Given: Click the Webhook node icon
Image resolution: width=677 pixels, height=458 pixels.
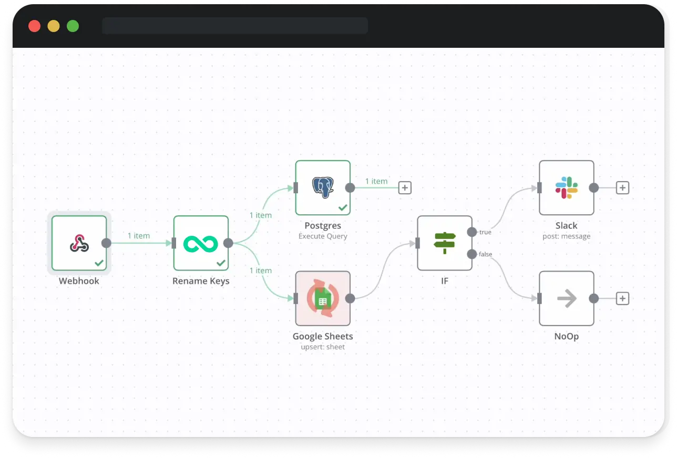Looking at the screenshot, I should click(x=79, y=243).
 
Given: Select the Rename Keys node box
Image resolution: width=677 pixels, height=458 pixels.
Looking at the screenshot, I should click(x=201, y=243).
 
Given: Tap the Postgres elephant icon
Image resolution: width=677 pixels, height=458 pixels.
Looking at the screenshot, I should click(x=323, y=188).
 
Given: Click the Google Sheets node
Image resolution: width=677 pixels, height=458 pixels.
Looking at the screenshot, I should click(x=323, y=298).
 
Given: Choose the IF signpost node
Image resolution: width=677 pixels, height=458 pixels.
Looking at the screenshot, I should click(x=445, y=243).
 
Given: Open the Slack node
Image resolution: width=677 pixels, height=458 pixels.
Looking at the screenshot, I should click(x=567, y=188).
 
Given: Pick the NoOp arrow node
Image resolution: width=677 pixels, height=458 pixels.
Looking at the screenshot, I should click(x=567, y=298).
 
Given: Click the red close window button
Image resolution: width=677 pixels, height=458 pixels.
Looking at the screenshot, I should click(x=35, y=26).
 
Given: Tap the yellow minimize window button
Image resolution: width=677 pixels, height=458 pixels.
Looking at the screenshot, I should click(x=54, y=26).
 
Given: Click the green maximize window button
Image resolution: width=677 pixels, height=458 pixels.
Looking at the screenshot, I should click(x=73, y=26).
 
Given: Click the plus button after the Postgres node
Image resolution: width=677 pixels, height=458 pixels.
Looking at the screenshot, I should click(x=405, y=188).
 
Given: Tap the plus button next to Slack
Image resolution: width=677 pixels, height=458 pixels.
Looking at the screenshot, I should click(x=622, y=188).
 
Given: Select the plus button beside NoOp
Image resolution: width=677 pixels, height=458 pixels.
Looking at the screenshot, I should click(x=622, y=298).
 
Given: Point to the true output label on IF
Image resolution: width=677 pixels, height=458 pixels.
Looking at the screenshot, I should click(x=485, y=232).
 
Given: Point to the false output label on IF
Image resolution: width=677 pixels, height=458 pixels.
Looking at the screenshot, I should click(x=486, y=254).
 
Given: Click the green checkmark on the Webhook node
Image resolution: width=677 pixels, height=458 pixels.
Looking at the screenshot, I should click(x=99, y=263).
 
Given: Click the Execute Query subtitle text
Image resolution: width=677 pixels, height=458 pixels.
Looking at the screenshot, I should click(x=323, y=236).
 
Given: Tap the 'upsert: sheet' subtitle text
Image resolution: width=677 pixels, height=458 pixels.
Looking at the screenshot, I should click(x=323, y=347).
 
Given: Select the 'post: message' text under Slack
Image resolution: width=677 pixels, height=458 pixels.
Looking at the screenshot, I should click(x=567, y=236).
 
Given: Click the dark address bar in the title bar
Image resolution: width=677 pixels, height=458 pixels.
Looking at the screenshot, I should click(x=235, y=26).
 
